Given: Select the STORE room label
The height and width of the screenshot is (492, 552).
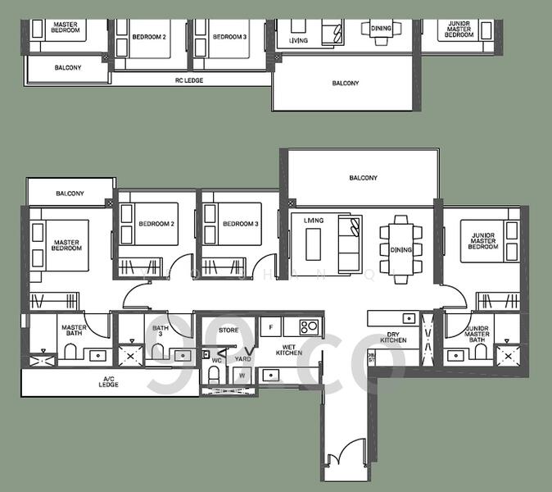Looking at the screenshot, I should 228,330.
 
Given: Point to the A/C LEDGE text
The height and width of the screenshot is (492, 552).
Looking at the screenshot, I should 109,381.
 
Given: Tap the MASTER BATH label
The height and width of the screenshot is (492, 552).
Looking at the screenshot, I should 74,331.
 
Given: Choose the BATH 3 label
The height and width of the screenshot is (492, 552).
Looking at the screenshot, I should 161,331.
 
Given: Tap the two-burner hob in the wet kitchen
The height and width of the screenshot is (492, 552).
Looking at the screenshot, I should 310,326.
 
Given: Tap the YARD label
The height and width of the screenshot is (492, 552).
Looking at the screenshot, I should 243,359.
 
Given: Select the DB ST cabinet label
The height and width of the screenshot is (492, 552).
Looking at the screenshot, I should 371,358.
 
